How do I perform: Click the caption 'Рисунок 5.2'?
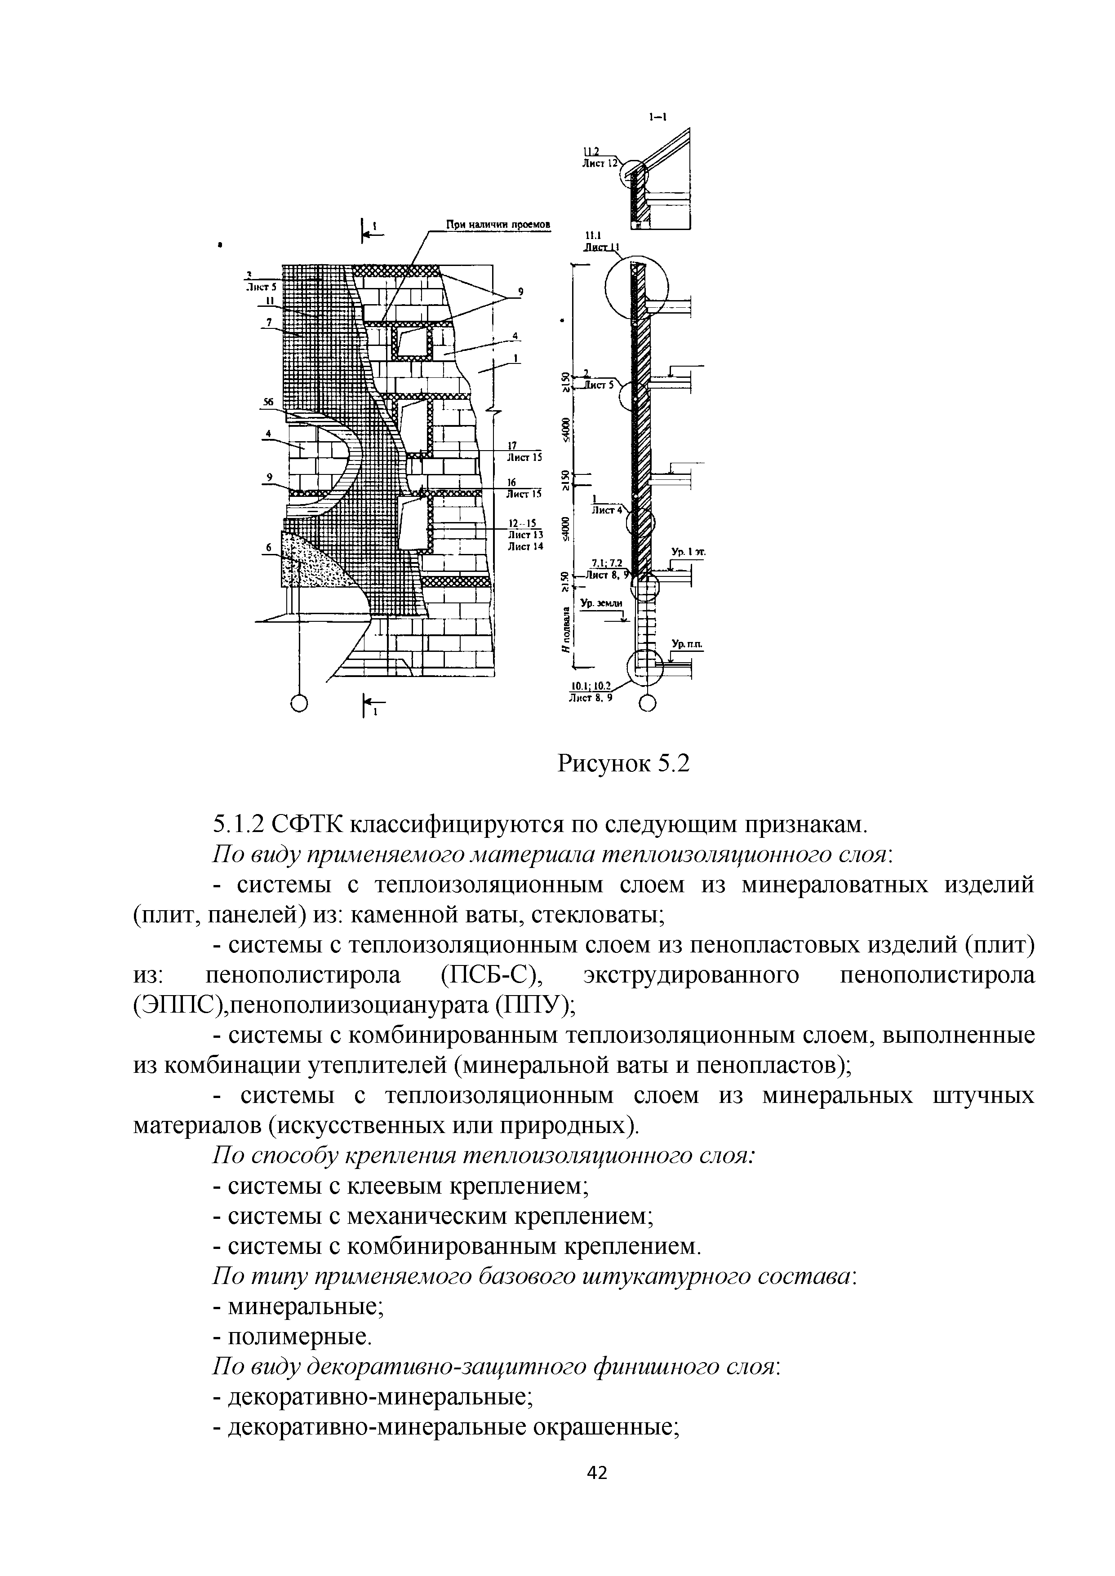623,762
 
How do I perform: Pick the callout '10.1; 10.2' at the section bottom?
592,685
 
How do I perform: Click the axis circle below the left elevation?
299,703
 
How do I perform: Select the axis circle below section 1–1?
648,704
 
